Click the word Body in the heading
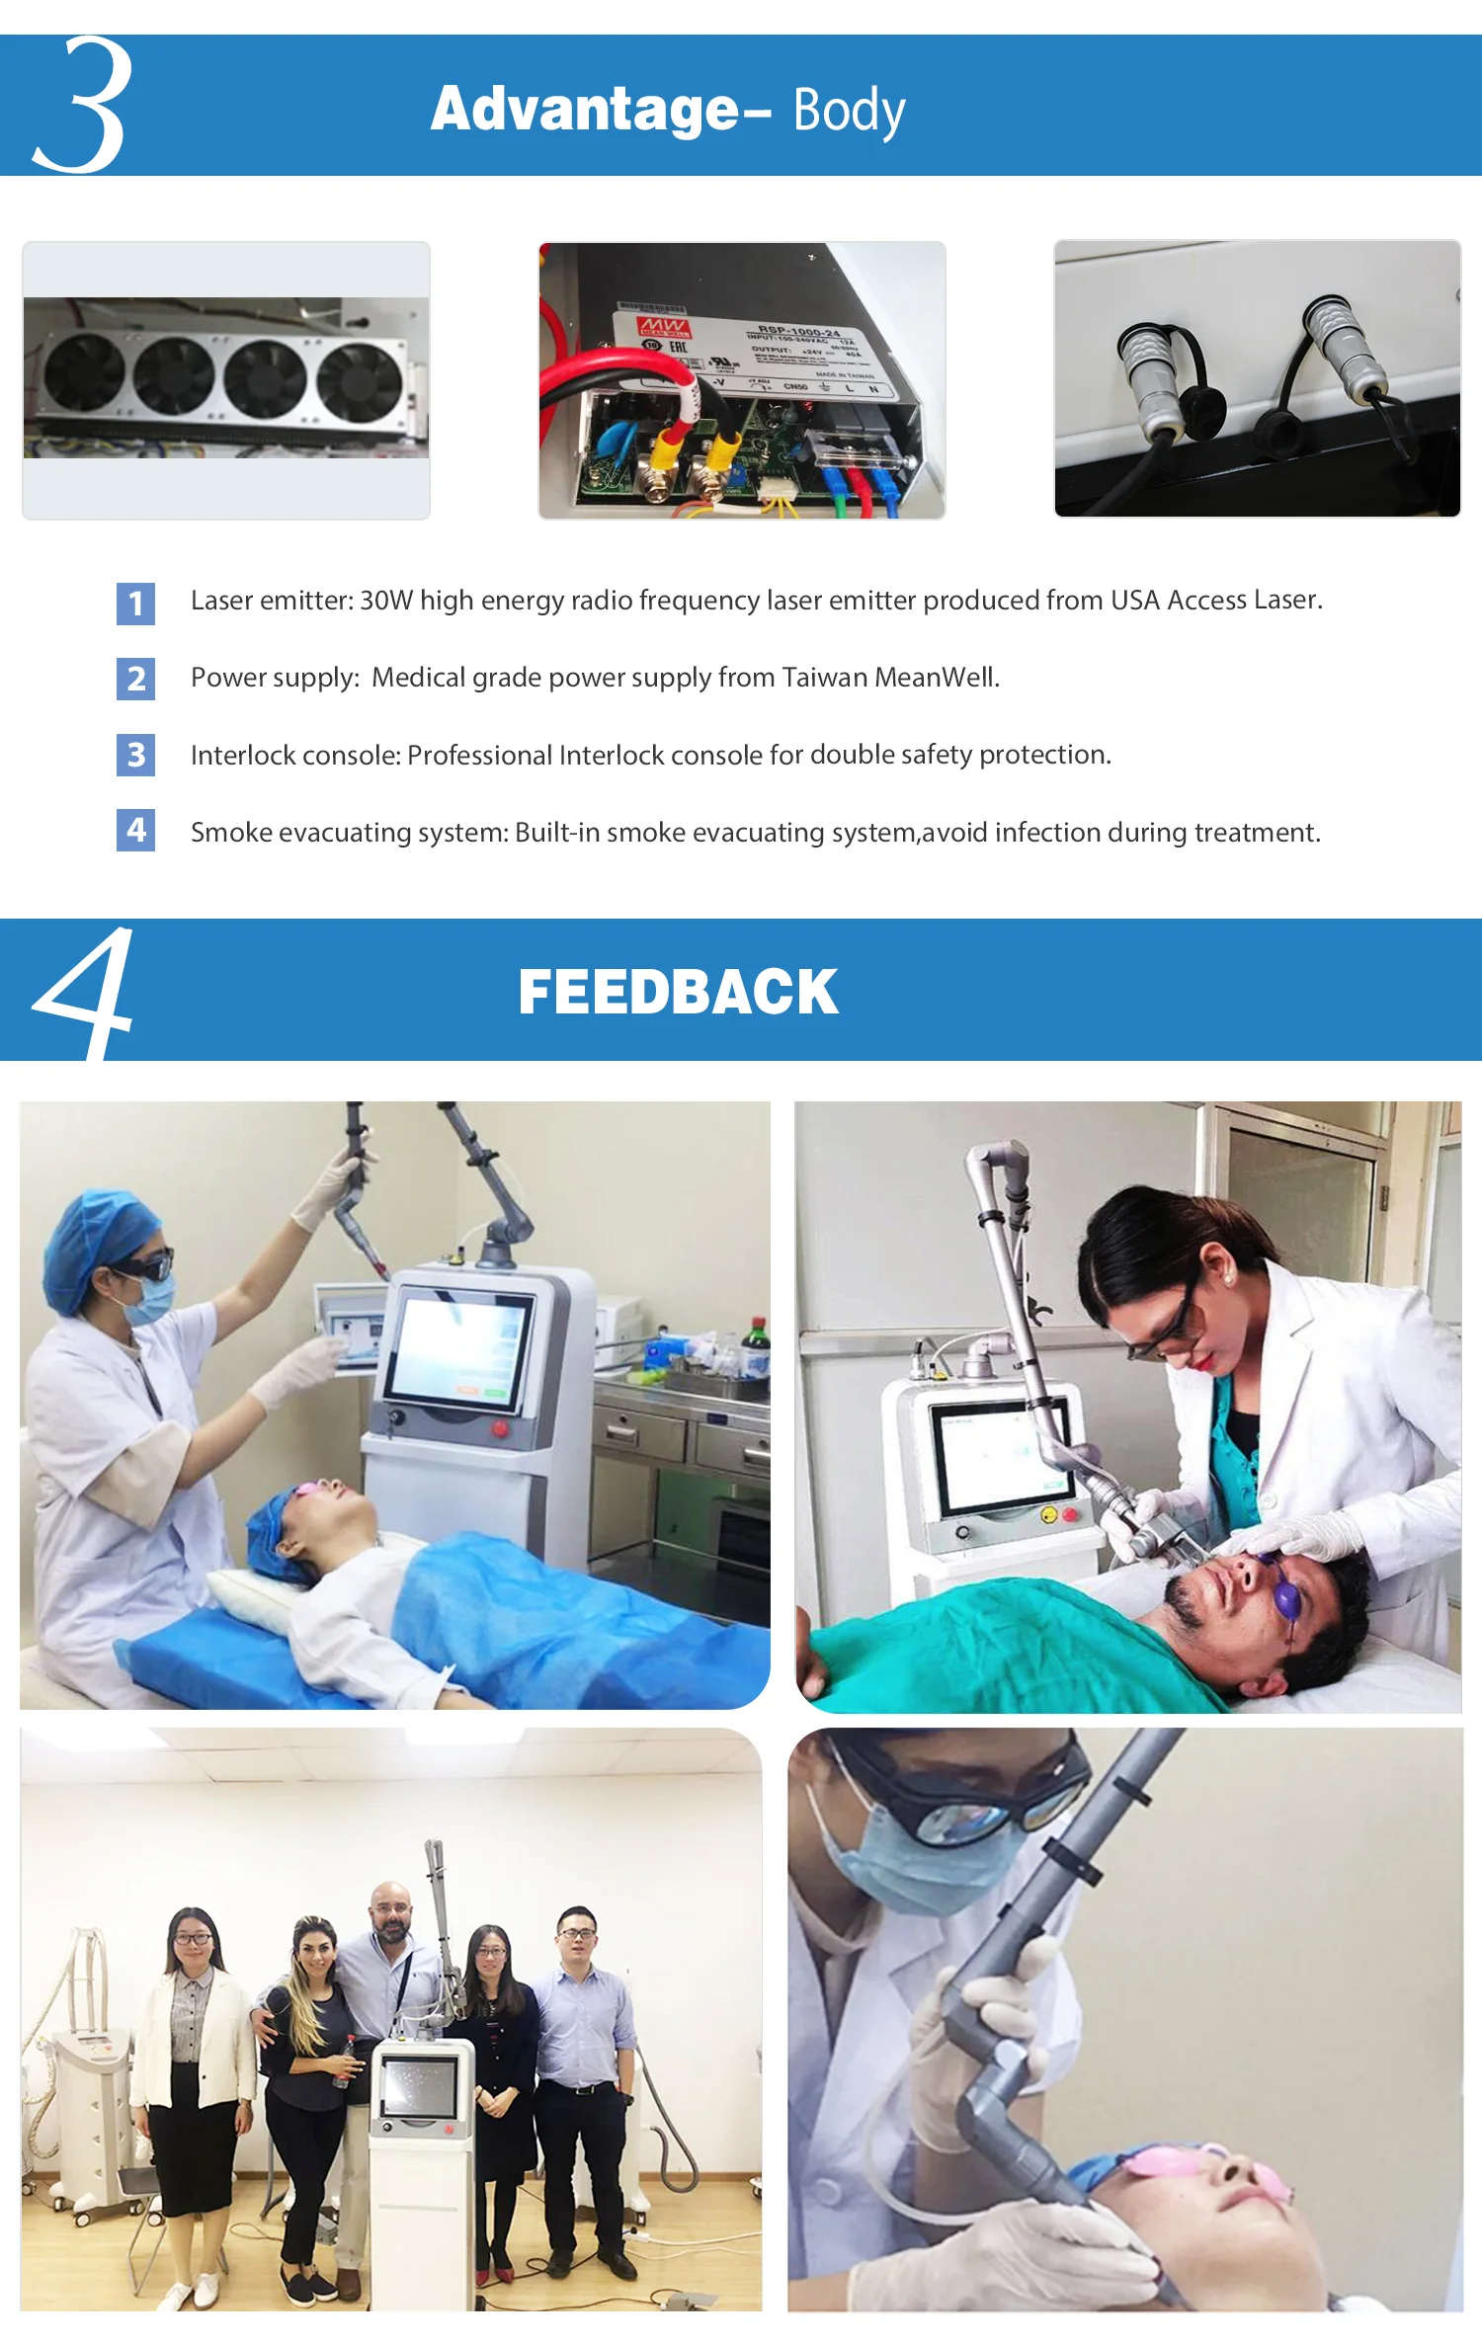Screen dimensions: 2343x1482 [849, 111]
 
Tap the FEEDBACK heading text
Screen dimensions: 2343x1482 [678, 992]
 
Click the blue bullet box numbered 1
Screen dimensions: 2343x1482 [135, 603]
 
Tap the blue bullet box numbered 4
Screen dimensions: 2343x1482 [135, 830]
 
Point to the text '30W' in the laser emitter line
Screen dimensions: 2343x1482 [386, 601]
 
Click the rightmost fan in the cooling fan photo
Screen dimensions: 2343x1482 [360, 381]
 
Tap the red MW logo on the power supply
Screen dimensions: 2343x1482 [663, 327]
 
